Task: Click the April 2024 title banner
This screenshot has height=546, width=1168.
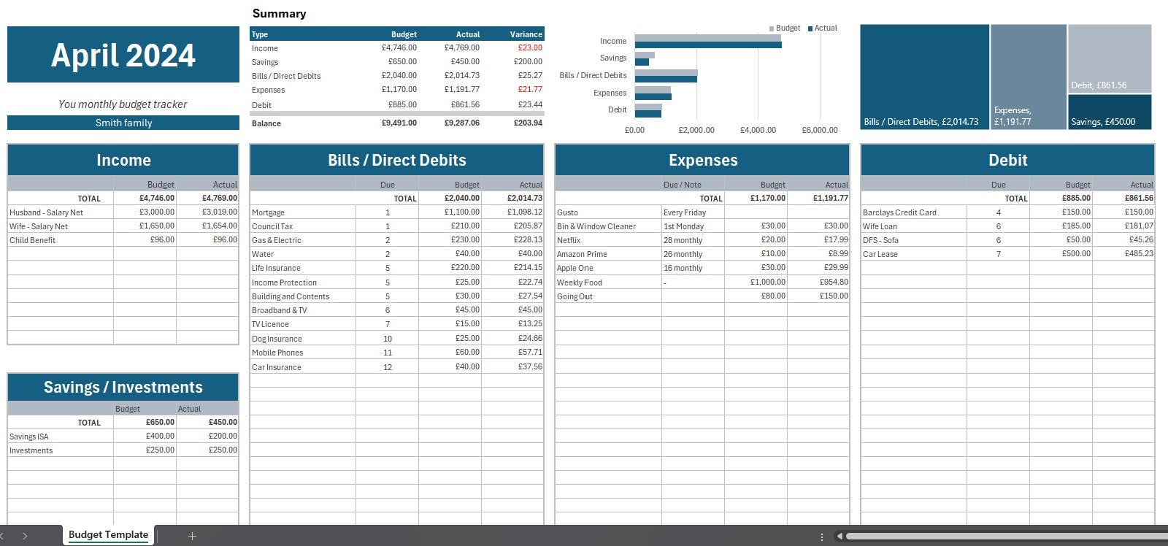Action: [123, 55]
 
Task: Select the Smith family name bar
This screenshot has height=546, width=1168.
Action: [123, 123]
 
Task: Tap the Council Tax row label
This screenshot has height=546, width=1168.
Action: [272, 226]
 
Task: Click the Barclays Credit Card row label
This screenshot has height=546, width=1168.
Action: [899, 212]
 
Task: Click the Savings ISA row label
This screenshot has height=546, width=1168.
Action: [29, 437]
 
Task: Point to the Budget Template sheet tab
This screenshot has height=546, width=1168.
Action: [108, 535]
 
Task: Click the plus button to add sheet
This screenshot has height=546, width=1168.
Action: [192, 536]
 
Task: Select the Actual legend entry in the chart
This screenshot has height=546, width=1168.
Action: [823, 28]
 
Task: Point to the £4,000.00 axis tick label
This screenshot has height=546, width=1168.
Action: [758, 130]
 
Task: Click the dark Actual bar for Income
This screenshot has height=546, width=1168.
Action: [707, 45]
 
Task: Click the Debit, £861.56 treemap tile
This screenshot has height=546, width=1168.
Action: [1109, 58]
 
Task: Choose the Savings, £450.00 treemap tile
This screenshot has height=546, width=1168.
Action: [1109, 112]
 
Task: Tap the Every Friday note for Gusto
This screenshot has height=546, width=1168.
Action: [685, 212]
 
